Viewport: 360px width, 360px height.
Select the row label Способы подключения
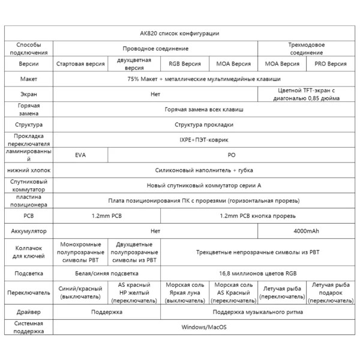[29, 48]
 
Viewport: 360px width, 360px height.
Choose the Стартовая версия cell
[80, 64]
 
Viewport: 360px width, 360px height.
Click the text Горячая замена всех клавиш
[204, 110]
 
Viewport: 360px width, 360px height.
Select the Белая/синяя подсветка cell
[107, 274]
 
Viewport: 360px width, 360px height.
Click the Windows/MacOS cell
[204, 328]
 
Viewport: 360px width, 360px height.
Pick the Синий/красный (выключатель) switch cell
[80, 292]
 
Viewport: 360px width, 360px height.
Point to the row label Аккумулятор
[29, 230]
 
